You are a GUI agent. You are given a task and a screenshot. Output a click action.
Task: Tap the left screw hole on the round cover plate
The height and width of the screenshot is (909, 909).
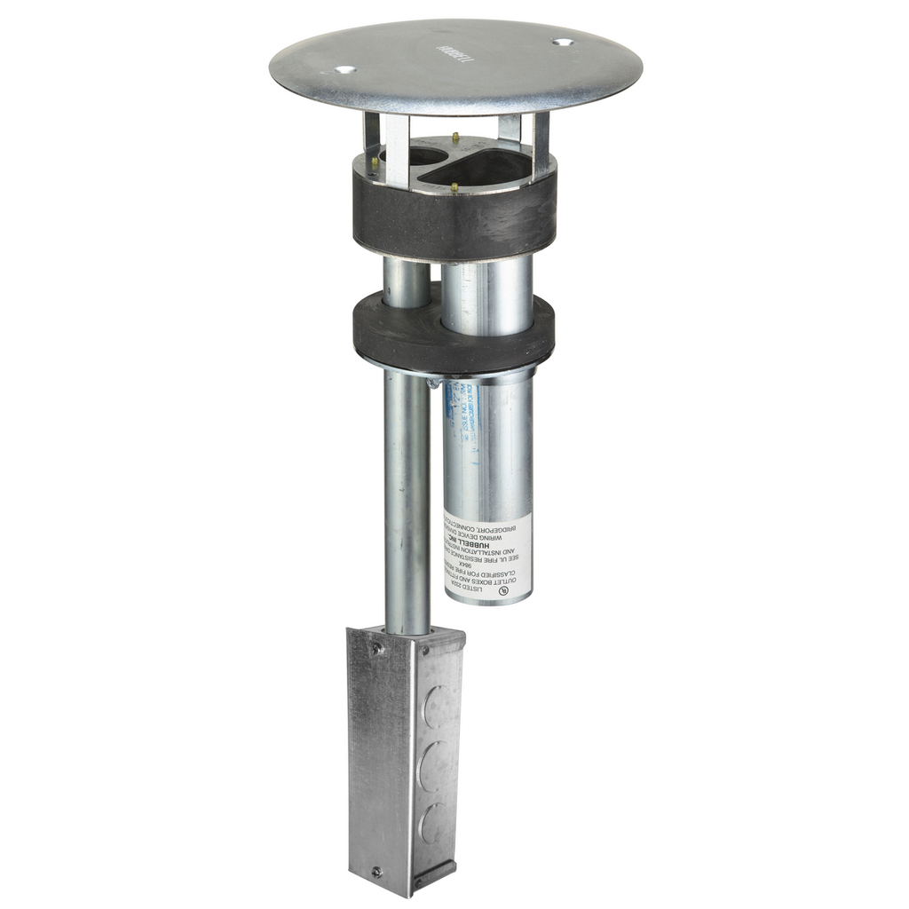click(345, 69)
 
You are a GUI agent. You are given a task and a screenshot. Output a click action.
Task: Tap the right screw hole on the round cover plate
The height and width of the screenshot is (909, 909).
click(562, 41)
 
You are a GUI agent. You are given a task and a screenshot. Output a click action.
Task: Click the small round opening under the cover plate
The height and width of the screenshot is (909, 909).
click(415, 156)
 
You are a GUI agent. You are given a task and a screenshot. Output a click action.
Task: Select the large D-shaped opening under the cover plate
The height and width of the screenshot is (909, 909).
click(484, 168)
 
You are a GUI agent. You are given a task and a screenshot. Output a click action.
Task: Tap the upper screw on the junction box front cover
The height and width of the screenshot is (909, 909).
click(378, 649)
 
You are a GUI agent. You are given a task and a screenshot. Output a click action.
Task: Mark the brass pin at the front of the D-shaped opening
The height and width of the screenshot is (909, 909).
click(454, 187)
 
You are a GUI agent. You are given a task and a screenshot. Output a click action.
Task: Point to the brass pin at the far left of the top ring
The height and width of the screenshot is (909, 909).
click(375, 162)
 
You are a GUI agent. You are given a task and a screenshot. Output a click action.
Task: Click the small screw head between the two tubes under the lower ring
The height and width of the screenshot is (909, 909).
click(432, 383)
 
